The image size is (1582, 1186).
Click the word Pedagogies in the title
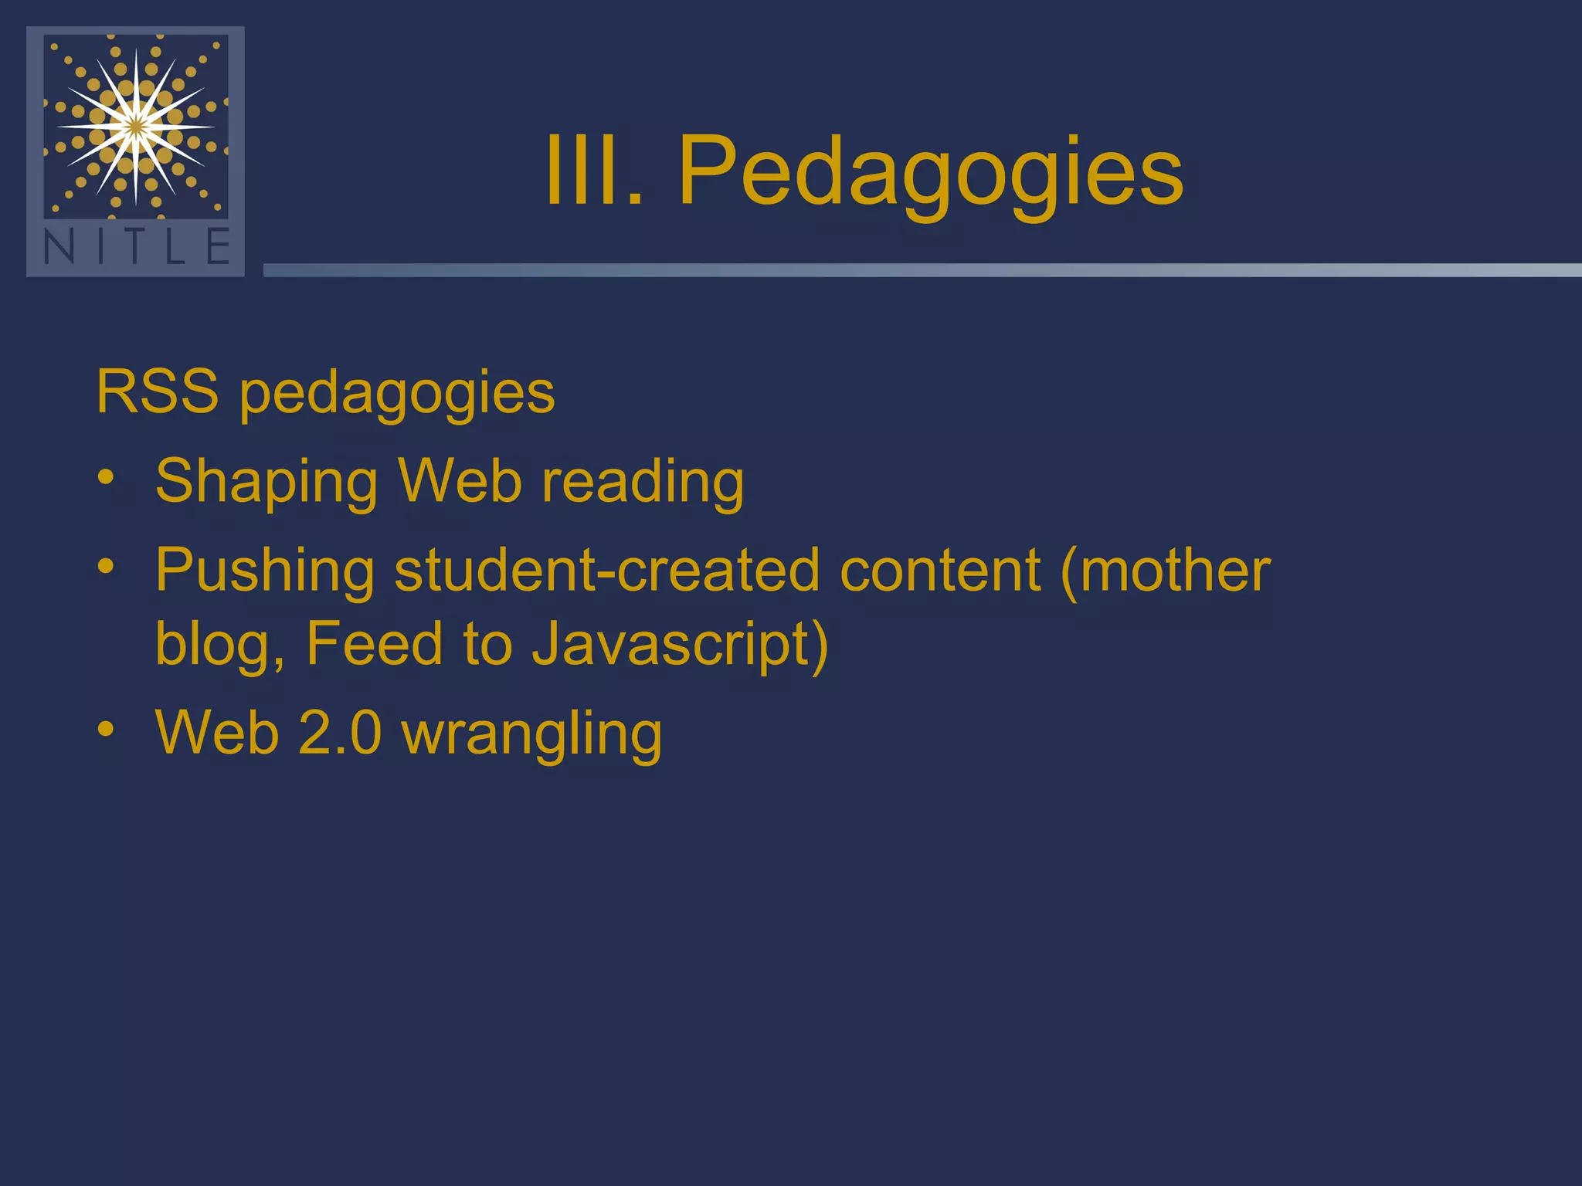(930, 171)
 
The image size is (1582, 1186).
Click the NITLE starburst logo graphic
(136, 125)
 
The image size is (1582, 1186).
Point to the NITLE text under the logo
(136, 247)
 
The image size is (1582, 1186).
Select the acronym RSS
(158, 392)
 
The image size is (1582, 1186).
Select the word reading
(643, 483)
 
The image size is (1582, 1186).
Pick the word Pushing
(265, 571)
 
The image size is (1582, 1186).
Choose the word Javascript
(671, 644)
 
